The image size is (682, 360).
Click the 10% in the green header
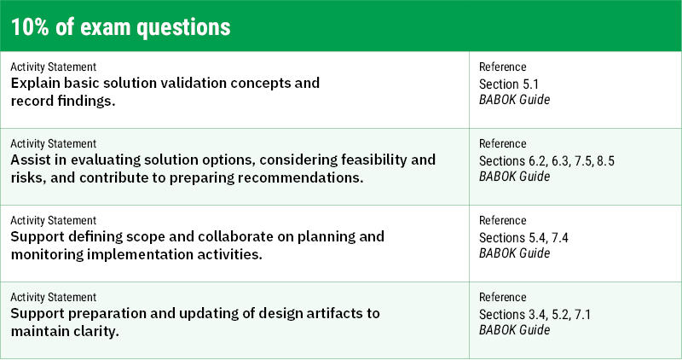(x=32, y=26)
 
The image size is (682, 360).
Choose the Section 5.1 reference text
(x=510, y=84)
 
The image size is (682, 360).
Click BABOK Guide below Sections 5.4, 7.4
(x=513, y=253)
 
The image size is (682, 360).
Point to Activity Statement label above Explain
(x=53, y=67)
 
